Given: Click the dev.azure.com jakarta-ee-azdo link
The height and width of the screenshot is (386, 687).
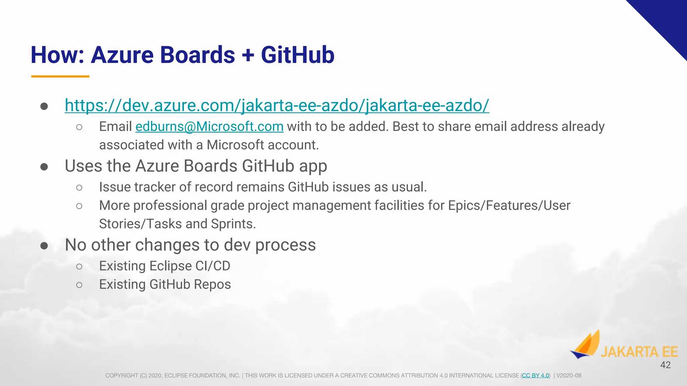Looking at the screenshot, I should [x=277, y=106].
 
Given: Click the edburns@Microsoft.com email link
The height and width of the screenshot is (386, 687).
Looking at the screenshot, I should [x=209, y=127].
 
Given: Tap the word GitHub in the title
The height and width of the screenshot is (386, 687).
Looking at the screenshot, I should [x=298, y=55].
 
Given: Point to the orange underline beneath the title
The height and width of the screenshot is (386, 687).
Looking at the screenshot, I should [x=60, y=76].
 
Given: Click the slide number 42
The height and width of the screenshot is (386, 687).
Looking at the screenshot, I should [x=665, y=365].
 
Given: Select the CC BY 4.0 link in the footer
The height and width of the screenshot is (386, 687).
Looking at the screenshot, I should [x=535, y=376].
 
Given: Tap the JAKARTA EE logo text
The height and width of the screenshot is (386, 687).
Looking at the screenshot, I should [x=639, y=352].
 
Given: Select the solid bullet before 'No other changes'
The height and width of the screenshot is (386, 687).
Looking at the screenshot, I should [x=44, y=246].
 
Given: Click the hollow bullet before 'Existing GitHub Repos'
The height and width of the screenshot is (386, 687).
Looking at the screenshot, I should [x=79, y=285].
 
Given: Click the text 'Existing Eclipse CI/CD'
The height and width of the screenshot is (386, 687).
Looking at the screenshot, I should [x=164, y=266].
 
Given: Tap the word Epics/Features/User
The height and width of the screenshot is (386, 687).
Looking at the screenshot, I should [x=509, y=205].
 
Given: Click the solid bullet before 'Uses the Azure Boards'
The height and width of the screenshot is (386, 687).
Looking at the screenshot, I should [x=44, y=167].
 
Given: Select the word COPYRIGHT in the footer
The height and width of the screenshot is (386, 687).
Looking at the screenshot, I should [x=121, y=376].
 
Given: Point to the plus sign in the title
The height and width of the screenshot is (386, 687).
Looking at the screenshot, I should [x=248, y=55].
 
